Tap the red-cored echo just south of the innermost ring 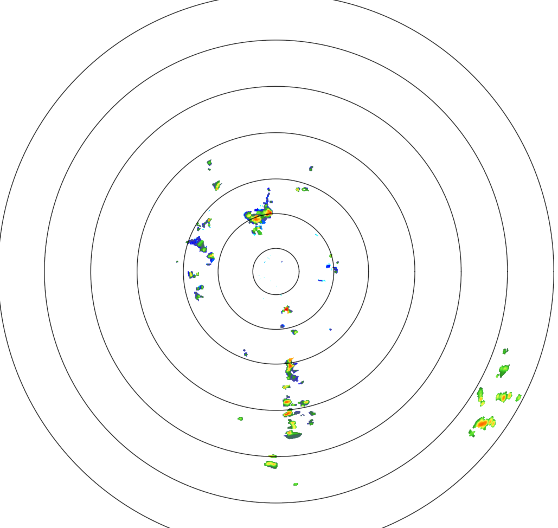[x=286, y=310]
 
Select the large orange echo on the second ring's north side [x=259, y=215]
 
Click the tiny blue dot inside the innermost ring [x=281, y=262]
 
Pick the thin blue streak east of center [x=321, y=281]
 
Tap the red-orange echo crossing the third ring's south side [x=291, y=365]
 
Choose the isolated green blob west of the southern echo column [x=240, y=418]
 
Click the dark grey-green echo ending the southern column [x=293, y=435]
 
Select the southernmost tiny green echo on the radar [x=296, y=484]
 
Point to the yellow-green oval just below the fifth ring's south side [x=271, y=464]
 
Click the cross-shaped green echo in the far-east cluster [x=472, y=433]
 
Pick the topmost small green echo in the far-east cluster [x=505, y=351]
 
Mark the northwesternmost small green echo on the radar [x=209, y=162]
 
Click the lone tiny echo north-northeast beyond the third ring [x=311, y=168]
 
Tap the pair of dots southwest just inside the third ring [x=245, y=352]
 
